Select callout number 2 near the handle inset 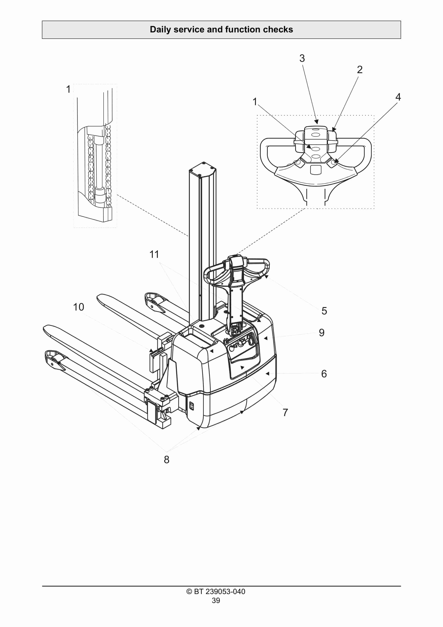360,70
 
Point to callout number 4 398,97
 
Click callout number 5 324,311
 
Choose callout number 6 324,374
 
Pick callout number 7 285,412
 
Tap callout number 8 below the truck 167,460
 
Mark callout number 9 322,333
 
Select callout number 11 154,254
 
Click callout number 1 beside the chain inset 68,89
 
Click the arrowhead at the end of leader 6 267,373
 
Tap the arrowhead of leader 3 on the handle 316,122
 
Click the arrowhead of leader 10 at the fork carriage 151,350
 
